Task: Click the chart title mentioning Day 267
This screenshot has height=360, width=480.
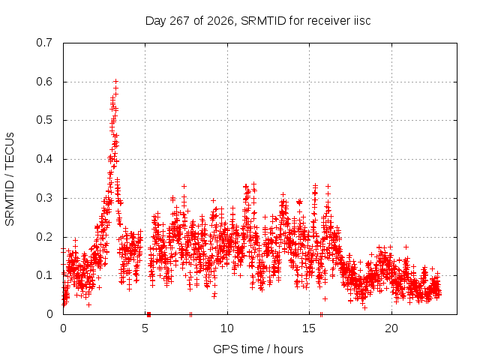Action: pos(258,21)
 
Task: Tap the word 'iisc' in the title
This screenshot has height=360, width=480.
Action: pos(362,21)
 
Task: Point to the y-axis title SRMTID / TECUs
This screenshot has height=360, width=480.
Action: pos(10,179)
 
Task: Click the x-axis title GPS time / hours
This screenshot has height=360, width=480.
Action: pos(258,349)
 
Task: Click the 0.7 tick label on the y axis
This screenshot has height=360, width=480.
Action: pos(44,43)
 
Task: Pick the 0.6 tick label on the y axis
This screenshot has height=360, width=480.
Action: pos(44,82)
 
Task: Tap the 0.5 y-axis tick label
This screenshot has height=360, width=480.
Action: pos(44,120)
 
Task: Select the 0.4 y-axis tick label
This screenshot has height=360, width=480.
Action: pos(44,159)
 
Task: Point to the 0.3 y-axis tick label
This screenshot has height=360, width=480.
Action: pos(44,198)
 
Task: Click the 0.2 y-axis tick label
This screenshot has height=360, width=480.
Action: pos(44,237)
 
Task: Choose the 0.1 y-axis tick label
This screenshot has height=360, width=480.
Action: pos(44,275)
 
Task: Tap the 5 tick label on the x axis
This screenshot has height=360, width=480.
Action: pos(145,328)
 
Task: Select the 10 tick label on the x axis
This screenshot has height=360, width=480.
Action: pos(227,328)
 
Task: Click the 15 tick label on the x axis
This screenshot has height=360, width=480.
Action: pos(309,328)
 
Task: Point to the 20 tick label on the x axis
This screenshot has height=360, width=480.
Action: pos(391,328)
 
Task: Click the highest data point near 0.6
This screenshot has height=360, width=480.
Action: pos(115,81)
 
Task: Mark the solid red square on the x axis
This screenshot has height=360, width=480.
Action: pos(148,314)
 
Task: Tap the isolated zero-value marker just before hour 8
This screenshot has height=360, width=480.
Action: pos(190,314)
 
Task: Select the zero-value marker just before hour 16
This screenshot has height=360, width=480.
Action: pos(321,314)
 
